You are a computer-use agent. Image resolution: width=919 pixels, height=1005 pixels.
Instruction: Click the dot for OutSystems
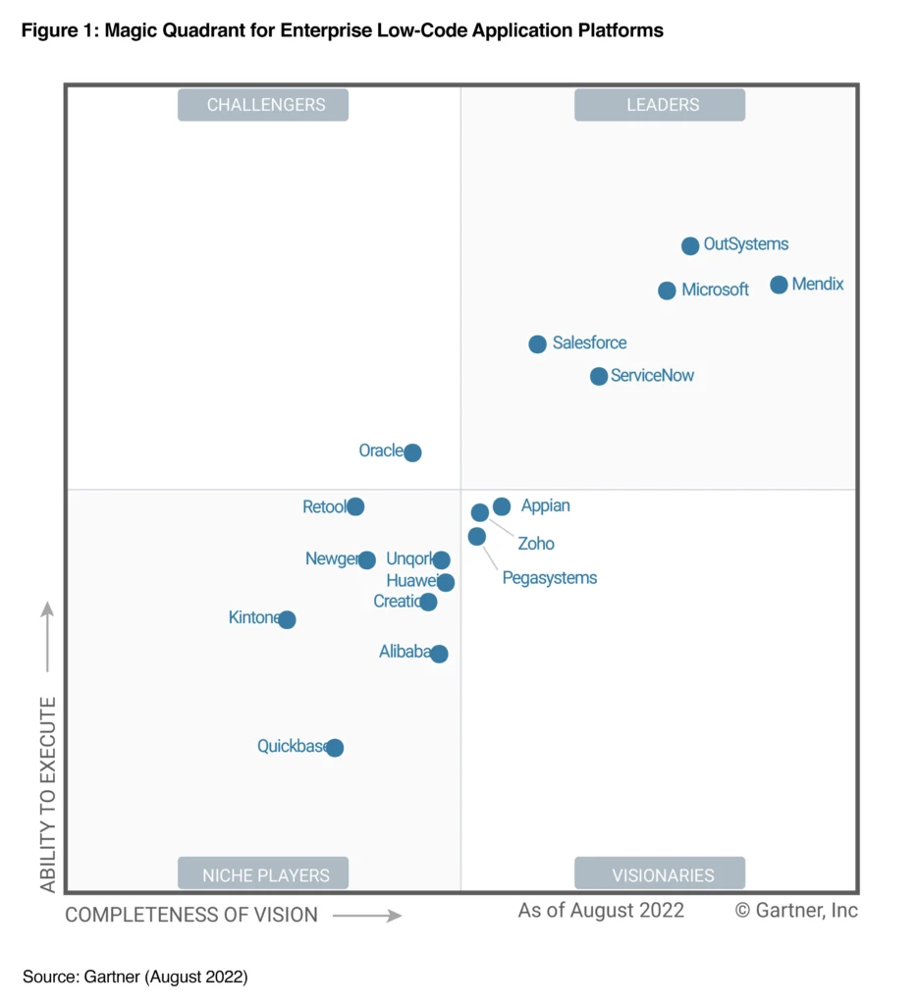coord(690,245)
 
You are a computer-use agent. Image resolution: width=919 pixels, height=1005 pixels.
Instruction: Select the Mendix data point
coord(779,285)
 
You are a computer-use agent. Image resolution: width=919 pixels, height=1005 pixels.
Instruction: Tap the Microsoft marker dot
coord(667,291)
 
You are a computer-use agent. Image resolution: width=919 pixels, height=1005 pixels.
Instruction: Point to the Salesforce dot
coord(537,344)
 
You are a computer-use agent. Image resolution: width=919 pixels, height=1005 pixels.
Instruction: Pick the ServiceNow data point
coord(599,376)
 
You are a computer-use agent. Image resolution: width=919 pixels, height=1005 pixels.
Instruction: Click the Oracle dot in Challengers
coord(412,452)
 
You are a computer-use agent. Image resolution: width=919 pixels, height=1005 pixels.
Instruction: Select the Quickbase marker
coord(335,748)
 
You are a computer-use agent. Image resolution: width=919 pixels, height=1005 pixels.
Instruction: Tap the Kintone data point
coord(287,619)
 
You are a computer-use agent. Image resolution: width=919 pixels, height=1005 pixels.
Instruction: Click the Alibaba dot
coord(439,654)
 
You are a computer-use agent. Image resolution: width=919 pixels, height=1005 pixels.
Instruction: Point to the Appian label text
coord(545,506)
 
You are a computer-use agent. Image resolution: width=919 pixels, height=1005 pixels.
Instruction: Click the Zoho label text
coord(536,544)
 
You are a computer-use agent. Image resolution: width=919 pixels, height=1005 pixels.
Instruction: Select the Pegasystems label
coord(549,578)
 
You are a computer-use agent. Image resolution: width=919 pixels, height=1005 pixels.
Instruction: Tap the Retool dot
coord(355,506)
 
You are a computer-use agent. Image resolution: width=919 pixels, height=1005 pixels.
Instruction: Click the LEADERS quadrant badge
coord(660,105)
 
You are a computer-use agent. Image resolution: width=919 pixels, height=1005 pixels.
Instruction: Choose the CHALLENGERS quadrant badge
coord(263,105)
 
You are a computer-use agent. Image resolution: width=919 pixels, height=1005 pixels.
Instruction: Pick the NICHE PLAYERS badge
coord(263,874)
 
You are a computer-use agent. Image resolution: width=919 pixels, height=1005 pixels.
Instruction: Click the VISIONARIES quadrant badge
coord(660,874)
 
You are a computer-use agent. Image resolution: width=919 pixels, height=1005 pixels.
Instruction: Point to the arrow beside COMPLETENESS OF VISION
coord(367,916)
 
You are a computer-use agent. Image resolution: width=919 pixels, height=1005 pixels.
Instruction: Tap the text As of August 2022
coord(601,910)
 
